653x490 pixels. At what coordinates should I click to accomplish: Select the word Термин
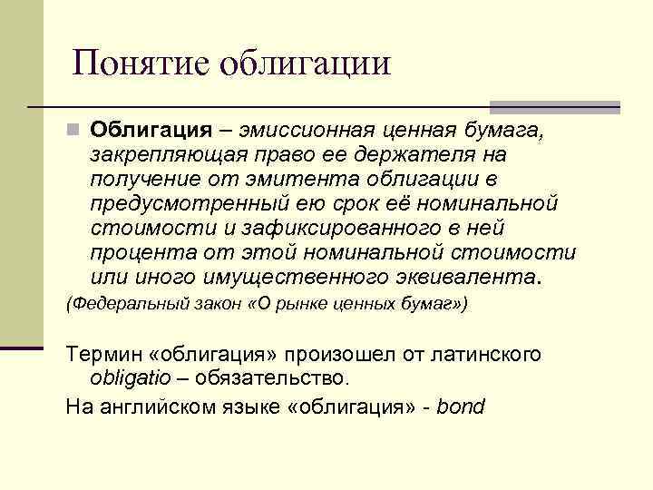[100, 354]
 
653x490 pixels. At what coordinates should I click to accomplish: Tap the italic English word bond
[461, 407]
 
